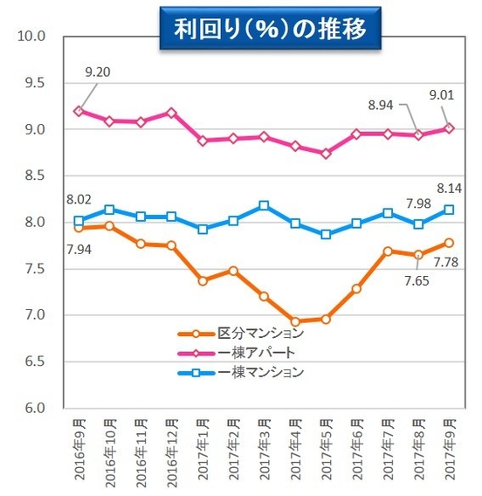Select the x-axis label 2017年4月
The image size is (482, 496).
295,451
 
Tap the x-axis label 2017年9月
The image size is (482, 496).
448,451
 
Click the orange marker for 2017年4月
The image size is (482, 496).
294,321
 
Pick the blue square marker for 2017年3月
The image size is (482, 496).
264,205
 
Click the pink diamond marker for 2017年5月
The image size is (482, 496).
325,153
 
